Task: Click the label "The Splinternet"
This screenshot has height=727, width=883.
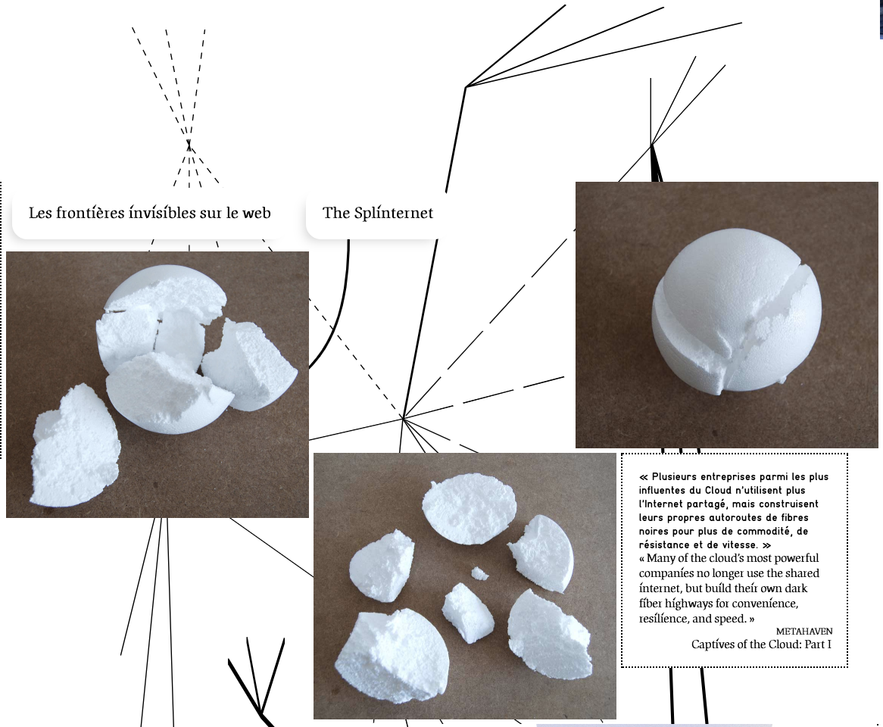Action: click(378, 213)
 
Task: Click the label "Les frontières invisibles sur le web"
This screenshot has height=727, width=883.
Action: click(150, 213)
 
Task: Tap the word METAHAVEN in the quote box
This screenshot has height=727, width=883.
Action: click(804, 632)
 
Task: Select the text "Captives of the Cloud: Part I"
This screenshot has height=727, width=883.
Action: click(761, 644)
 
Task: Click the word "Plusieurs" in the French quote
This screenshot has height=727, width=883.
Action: click(676, 476)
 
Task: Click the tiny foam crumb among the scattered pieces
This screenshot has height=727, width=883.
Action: click(479, 573)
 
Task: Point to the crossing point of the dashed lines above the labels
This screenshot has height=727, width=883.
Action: click(189, 146)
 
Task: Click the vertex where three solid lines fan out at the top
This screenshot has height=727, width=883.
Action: click(466, 86)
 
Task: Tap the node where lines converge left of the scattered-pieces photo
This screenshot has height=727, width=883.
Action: click(403, 418)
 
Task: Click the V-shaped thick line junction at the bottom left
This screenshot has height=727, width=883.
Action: click(261, 713)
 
